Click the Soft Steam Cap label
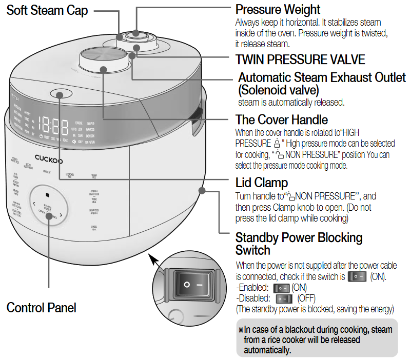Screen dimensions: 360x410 47,10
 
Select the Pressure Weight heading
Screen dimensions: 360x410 278,10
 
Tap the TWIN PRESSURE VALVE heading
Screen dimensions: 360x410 300,59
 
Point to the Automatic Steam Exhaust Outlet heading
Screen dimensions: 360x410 322,78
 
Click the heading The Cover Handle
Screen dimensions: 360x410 281,120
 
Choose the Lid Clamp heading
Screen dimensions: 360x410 261,183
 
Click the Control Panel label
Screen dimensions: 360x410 41,308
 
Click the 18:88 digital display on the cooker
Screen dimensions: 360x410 53,125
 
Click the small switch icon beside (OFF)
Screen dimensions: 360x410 281,298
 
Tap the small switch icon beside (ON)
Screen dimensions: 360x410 282,288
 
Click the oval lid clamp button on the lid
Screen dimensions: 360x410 60,94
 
